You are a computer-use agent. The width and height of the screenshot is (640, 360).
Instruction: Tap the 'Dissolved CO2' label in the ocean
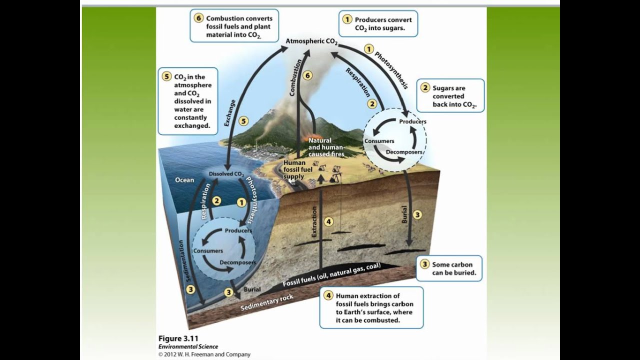coord(226,174)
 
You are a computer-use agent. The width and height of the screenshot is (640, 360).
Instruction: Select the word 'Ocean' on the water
coord(184,180)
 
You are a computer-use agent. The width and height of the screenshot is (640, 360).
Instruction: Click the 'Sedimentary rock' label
coord(266,301)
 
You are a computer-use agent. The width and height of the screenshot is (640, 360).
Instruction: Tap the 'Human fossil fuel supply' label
coord(298,169)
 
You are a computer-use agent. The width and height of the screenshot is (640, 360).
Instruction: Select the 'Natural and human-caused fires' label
coord(326,147)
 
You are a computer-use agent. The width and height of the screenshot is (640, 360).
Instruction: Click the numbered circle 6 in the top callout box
coord(198,18)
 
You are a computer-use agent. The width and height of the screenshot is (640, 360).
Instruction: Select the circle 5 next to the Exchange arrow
coord(243,120)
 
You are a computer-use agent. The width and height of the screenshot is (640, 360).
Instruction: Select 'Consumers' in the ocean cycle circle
coord(208,250)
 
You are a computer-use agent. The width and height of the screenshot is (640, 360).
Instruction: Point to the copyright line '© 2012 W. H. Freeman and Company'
coord(204,354)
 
